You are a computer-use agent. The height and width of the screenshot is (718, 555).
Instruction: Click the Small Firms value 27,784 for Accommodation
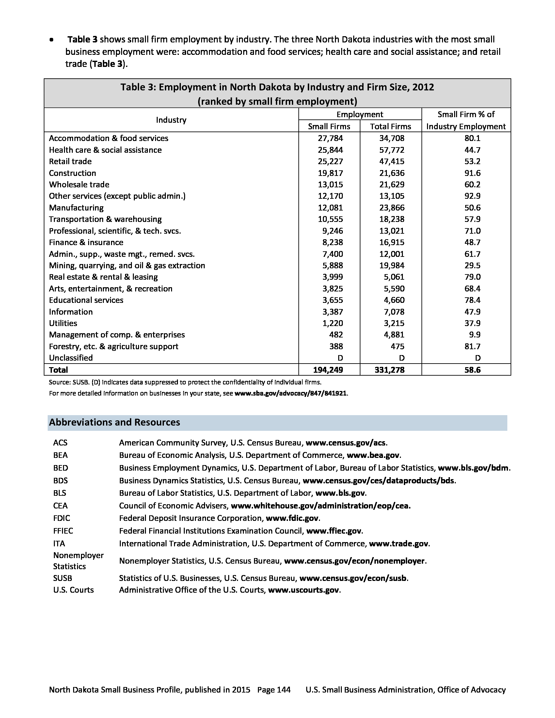[x=330, y=138]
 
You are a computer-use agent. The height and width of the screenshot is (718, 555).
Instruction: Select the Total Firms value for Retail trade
[x=391, y=162]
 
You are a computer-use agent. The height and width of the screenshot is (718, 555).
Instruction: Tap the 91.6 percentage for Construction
[x=472, y=173]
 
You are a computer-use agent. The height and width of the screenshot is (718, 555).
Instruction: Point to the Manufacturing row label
[x=76, y=208]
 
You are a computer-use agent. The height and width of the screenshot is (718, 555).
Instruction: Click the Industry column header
[x=171, y=120]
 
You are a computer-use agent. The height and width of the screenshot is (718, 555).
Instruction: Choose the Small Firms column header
[x=329, y=127]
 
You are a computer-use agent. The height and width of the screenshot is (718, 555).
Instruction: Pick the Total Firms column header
[x=390, y=127]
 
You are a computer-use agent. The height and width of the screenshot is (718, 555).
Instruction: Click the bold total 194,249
[x=328, y=370]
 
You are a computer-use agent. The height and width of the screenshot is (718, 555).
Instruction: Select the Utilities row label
[x=63, y=323]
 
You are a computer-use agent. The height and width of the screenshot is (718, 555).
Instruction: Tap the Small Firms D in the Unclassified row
[x=340, y=358]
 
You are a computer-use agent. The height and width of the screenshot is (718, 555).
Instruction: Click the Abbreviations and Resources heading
[x=114, y=422]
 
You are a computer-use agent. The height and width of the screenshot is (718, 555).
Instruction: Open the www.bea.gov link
[x=373, y=455]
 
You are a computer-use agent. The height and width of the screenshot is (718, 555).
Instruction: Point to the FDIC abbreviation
[x=61, y=518]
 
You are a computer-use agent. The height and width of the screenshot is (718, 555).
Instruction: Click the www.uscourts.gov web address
[x=304, y=590]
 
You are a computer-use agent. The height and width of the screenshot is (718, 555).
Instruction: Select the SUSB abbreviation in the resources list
[x=62, y=578]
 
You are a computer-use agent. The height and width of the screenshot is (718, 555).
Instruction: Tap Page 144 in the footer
[x=274, y=690]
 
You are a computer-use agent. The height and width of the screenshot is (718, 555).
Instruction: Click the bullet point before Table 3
[x=51, y=40]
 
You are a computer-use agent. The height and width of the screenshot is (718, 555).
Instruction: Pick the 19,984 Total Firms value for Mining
[x=391, y=265]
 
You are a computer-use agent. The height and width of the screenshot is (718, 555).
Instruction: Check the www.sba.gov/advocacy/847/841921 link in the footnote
[x=290, y=393]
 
